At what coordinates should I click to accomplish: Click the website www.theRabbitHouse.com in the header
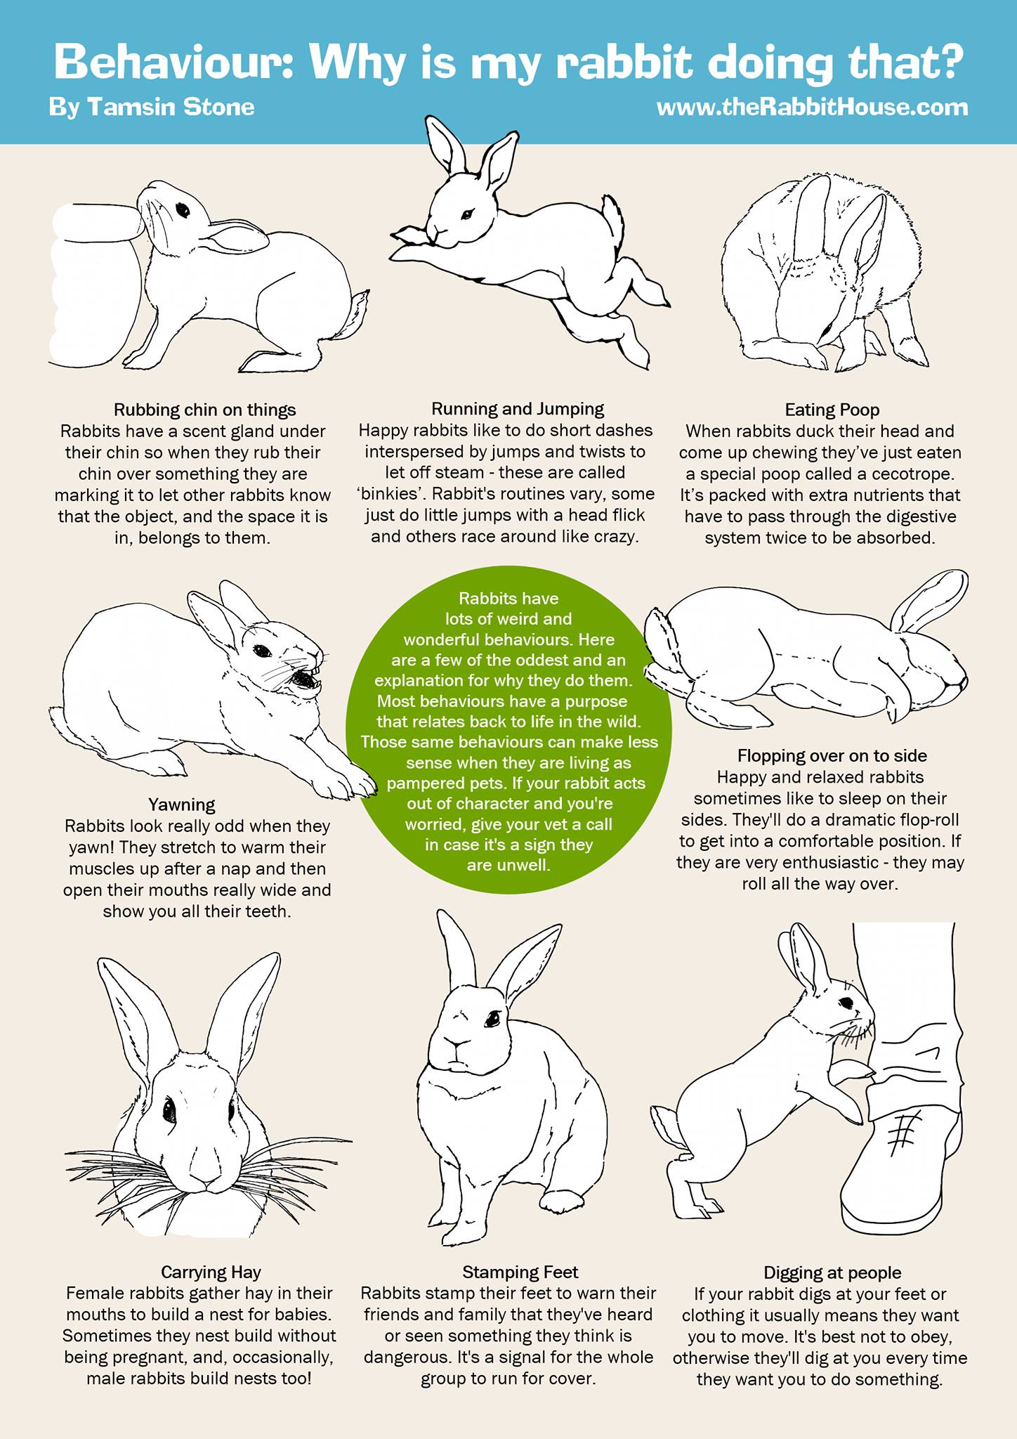[812, 108]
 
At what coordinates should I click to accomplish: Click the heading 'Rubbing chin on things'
[205, 410]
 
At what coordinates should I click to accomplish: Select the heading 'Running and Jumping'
[518, 409]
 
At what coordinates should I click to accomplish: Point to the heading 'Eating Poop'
[832, 410]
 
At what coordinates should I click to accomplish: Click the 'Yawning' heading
[182, 805]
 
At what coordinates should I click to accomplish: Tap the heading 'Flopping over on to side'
[832, 756]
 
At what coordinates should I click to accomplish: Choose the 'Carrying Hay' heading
[211, 1272]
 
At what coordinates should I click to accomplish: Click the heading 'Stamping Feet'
[520, 1272]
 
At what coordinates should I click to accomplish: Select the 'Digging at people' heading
[832, 1272]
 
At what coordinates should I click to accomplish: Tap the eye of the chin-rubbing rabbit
[183, 209]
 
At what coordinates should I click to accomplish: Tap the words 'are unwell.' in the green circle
[508, 865]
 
